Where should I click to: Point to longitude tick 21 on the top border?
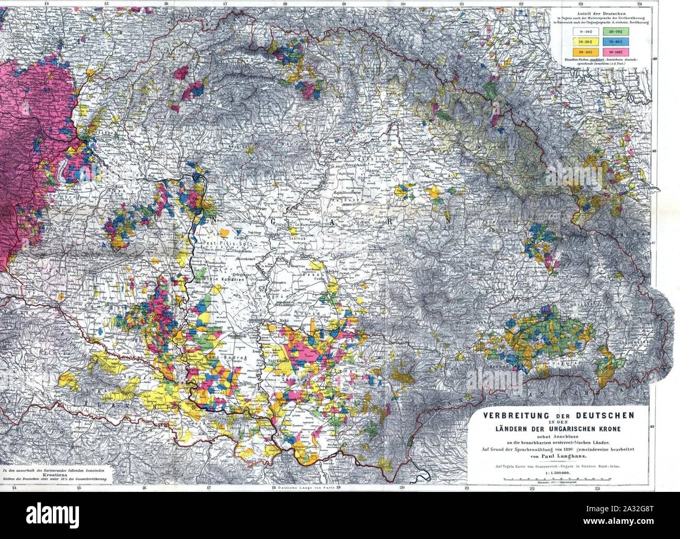(462, 4)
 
